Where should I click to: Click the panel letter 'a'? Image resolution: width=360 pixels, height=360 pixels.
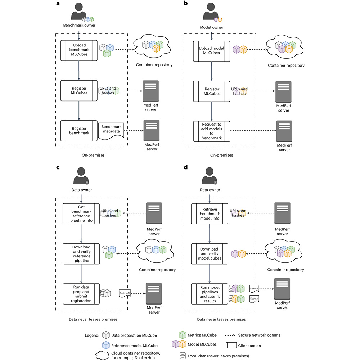pyautogui.click(x=58, y=4)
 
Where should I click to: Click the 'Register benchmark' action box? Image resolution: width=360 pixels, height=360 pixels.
pyautogui.click(x=79, y=130)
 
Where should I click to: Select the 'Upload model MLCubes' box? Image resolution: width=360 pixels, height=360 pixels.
pyautogui.click(x=212, y=51)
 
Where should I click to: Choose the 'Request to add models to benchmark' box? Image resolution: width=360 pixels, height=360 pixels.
pyautogui.click(x=212, y=131)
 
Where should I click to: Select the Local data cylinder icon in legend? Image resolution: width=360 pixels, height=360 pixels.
pyautogui.click(x=183, y=356)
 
